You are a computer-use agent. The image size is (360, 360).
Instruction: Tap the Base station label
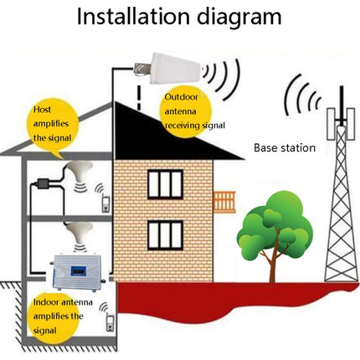285,148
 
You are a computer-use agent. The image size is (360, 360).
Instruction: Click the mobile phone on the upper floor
104,202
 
